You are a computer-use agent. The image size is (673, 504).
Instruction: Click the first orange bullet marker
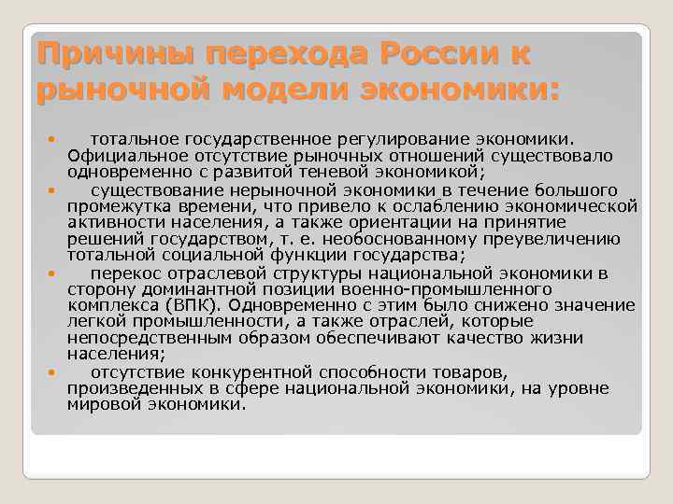(53, 140)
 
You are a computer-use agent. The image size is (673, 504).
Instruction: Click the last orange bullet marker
(53, 372)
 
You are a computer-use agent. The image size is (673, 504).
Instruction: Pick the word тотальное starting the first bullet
(130, 139)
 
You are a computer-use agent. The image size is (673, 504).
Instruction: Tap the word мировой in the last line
(97, 404)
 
